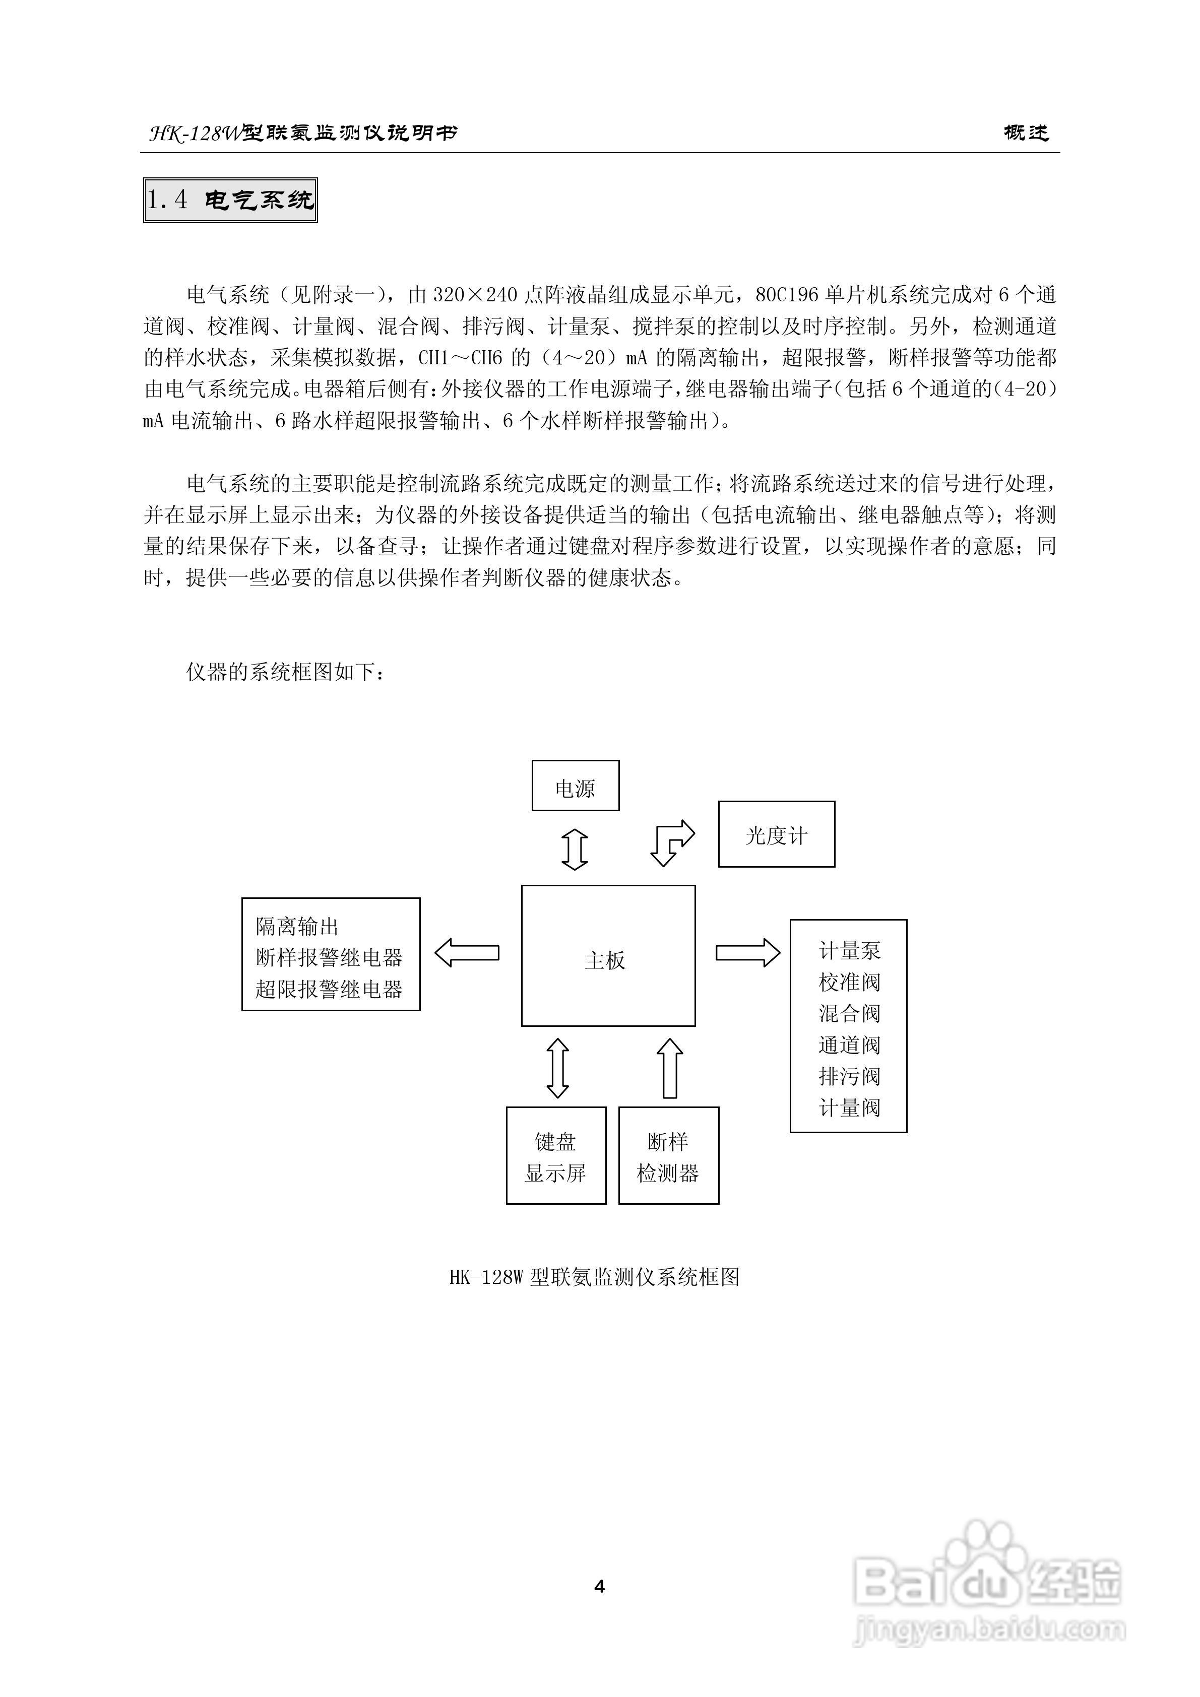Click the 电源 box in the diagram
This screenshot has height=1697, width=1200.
pyautogui.click(x=575, y=786)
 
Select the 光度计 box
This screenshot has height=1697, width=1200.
pyautogui.click(x=776, y=834)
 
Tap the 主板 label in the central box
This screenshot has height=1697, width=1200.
pyautogui.click(x=605, y=960)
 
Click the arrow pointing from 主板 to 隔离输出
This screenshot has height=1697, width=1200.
pyautogui.click(x=467, y=953)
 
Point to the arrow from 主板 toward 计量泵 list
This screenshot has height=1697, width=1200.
pyautogui.click(x=747, y=953)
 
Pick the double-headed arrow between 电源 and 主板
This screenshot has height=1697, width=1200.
pyautogui.click(x=575, y=849)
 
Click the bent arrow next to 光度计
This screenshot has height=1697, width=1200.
pyautogui.click(x=671, y=842)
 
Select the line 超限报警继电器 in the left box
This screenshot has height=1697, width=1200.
pyautogui.click(x=329, y=989)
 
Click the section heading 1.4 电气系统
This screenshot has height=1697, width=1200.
pyautogui.click(x=230, y=200)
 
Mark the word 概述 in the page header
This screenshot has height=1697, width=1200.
pyautogui.click(x=1026, y=133)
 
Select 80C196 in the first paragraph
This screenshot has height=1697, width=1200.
pyautogui.click(x=787, y=295)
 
